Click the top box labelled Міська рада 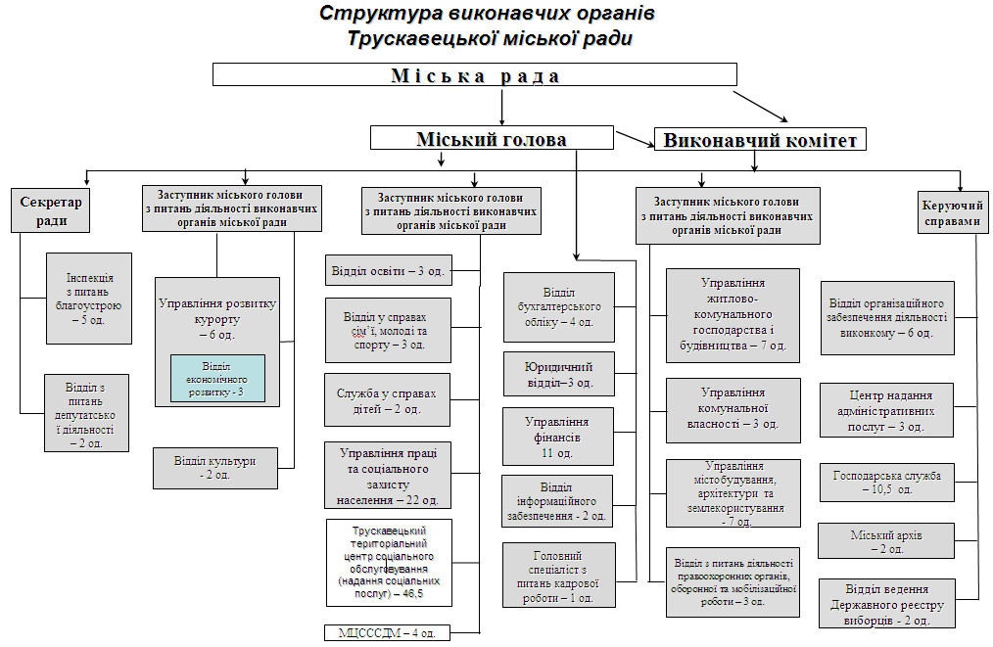[475, 75]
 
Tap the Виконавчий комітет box [759, 140]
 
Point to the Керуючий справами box [953, 213]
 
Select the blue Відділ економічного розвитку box [217, 378]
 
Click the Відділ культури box [215, 467]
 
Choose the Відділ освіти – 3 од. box [389, 269]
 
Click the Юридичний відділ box [559, 374]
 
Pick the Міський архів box [886, 541]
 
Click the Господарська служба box [886, 482]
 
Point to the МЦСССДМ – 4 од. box [388, 631]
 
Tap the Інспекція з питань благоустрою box [88, 298]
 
